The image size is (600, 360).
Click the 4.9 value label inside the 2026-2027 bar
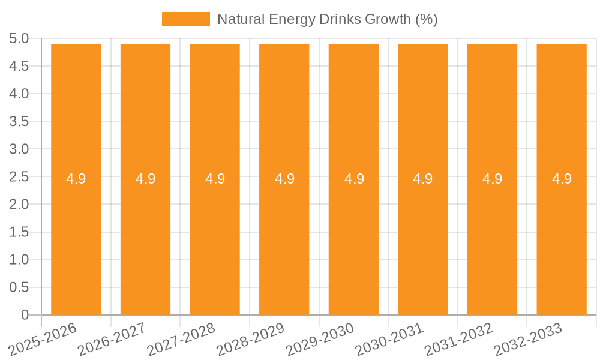coord(145,179)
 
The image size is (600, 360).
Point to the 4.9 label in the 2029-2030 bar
coord(354,179)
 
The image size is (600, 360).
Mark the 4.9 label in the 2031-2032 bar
coord(493,179)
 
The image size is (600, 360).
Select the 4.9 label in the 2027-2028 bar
coord(215,179)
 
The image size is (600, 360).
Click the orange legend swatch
coord(186,19)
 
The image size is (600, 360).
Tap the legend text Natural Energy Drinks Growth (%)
coord(327,19)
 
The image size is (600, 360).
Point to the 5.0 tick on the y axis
coord(19,39)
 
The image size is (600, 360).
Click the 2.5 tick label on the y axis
coord(19,177)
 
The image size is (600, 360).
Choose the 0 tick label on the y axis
coord(25,315)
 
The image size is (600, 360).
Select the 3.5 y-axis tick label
coord(19,122)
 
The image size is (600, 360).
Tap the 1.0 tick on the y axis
coord(19,260)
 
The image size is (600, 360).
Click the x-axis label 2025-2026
coord(43,338)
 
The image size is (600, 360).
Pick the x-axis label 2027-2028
coord(182,338)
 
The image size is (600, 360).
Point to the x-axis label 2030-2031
coord(390,338)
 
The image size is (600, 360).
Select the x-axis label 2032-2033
coord(529,338)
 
